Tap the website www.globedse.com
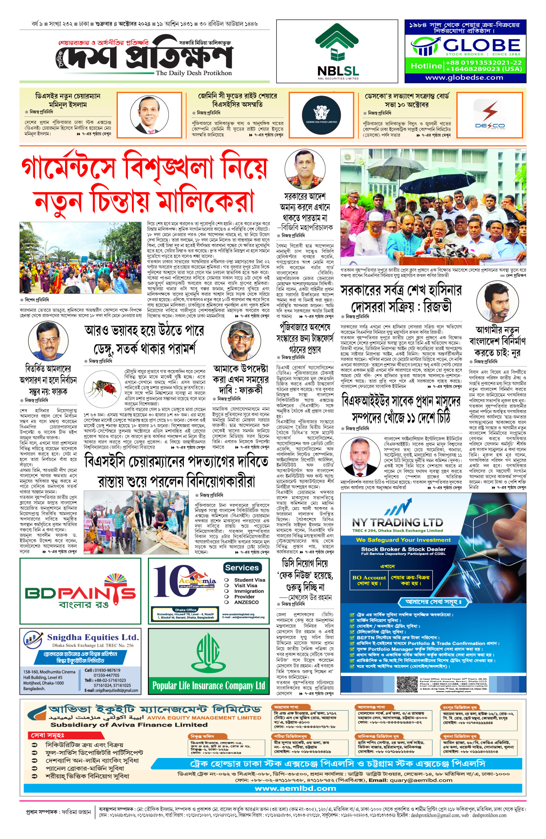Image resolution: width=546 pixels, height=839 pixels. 464,77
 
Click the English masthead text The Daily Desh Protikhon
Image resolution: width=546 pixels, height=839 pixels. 194,73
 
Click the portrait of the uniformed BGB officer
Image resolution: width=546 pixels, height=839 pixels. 304,170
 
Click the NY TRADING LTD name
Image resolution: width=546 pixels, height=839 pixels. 397,522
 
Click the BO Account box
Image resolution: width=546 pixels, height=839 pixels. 369,580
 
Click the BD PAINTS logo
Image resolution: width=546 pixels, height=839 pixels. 81,594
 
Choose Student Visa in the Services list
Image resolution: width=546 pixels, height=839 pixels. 249,580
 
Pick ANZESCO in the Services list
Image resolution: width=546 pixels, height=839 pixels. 246,602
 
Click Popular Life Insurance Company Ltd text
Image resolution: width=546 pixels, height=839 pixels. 208,686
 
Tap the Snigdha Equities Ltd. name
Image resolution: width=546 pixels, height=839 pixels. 93,637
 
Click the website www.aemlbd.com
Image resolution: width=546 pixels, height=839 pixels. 295,788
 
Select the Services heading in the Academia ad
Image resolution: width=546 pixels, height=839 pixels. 242,568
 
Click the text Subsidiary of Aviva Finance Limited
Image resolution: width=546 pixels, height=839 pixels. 129,725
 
